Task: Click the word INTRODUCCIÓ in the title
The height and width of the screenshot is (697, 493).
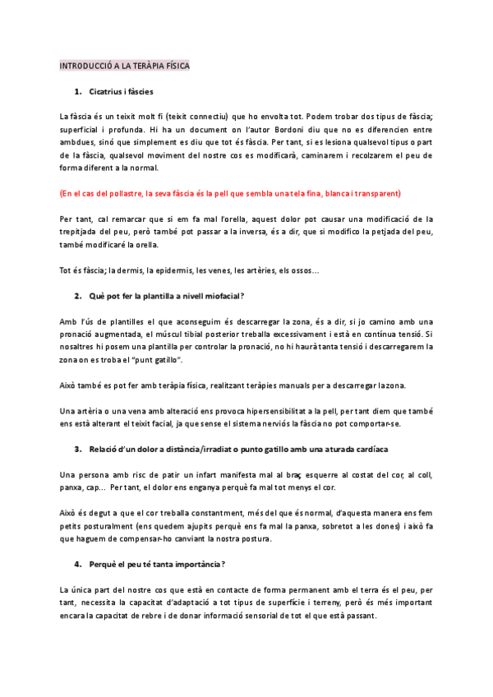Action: pos(86,66)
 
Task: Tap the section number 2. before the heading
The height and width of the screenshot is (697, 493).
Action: pos(77,295)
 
